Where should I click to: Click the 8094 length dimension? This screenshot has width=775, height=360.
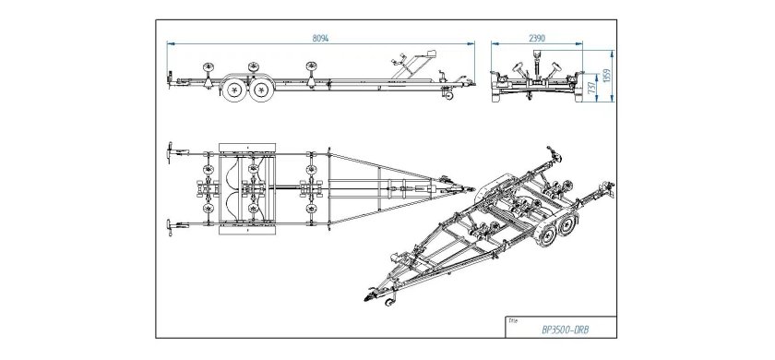click(x=320, y=38)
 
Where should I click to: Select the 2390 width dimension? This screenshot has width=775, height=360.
click(x=537, y=38)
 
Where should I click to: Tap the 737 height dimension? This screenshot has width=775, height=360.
click(x=592, y=88)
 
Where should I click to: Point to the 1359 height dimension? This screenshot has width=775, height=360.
click(x=607, y=75)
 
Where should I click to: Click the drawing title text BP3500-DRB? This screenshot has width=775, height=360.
click(x=563, y=330)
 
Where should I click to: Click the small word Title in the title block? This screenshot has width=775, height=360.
click(x=513, y=320)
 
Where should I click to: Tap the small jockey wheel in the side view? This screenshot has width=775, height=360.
click(x=448, y=95)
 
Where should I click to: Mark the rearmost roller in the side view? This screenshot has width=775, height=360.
click(x=209, y=66)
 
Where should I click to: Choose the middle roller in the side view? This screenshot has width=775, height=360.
click(x=254, y=66)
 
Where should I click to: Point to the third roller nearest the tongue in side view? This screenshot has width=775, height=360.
click(x=312, y=66)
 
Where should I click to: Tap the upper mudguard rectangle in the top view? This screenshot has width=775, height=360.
click(x=247, y=148)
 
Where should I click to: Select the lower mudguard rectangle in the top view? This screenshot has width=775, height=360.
click(x=247, y=231)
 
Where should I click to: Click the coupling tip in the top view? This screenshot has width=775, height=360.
click(x=471, y=189)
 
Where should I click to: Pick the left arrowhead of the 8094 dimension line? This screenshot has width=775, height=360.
click(x=171, y=44)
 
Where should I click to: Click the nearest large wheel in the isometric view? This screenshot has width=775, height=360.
click(x=548, y=234)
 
